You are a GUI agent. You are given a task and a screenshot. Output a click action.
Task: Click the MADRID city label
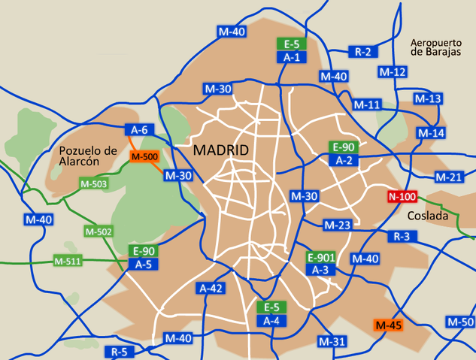tap(221, 150)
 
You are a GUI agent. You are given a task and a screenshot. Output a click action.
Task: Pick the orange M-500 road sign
tap(144, 156)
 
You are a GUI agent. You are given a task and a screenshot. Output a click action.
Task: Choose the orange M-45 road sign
tap(390, 325)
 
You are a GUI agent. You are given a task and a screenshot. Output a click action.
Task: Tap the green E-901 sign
tap(321, 258)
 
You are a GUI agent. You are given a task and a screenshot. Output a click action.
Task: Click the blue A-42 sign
tap(211, 288)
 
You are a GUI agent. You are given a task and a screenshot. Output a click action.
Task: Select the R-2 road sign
tap(363, 52)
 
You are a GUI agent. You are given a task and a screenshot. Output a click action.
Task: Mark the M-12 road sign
tap(393, 72)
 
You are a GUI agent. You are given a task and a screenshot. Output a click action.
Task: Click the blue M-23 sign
tap(338, 225)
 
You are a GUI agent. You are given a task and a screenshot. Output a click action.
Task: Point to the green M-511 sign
tap(68, 262)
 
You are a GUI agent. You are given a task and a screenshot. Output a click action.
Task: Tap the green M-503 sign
tap(93, 183)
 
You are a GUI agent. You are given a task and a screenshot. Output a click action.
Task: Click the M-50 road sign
tap(461, 322)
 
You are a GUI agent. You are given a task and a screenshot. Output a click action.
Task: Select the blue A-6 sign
tap(139, 129)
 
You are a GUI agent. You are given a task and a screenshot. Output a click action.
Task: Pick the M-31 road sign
tap(332, 342)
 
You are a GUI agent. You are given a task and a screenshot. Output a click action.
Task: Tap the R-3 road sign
tap(402, 236)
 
